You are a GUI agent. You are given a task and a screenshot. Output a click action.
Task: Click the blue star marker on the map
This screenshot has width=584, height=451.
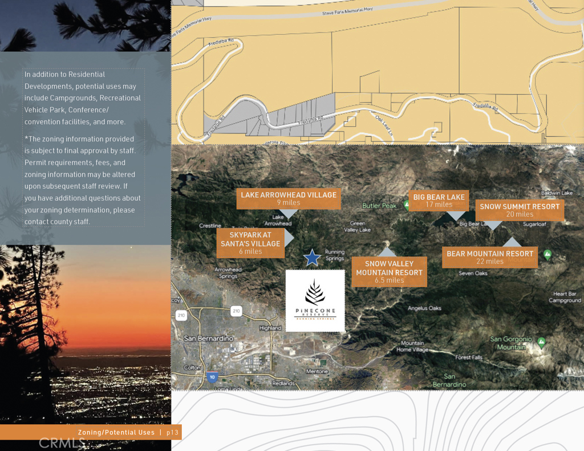[x=311, y=258]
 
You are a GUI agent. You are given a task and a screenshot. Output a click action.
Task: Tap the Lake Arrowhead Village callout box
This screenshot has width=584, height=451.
[x=289, y=198]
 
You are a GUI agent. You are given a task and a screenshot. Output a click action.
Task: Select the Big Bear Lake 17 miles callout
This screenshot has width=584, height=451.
[x=439, y=201]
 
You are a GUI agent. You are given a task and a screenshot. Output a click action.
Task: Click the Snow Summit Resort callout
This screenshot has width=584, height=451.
[x=520, y=210]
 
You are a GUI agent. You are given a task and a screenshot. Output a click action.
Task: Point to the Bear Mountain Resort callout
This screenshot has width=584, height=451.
[x=490, y=257]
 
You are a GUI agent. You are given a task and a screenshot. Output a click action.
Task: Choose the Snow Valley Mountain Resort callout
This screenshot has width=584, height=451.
[x=389, y=272]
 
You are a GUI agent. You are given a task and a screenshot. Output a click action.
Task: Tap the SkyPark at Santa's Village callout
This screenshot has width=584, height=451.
[x=250, y=243]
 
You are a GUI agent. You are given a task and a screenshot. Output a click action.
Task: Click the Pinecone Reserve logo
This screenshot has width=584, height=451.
[x=315, y=300]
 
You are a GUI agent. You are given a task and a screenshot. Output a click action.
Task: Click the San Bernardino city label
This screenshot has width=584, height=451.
[x=209, y=339]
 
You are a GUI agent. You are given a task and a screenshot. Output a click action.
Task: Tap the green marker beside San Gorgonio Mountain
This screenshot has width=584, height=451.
[x=541, y=342]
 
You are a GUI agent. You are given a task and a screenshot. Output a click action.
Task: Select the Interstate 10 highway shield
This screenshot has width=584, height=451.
[x=212, y=377]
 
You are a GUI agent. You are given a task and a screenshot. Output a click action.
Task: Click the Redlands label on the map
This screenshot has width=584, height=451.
[x=283, y=383]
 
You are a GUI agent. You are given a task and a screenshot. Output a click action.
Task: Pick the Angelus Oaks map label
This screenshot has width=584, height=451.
[x=424, y=308]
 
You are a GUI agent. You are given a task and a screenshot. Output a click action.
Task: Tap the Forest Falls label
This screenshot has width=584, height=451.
[x=469, y=357]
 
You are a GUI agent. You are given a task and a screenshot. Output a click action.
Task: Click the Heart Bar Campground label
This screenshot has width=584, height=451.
[x=565, y=297]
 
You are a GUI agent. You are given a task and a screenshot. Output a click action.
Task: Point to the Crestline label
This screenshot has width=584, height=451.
[x=210, y=226]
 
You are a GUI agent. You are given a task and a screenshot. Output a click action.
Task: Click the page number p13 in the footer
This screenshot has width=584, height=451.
[x=173, y=433]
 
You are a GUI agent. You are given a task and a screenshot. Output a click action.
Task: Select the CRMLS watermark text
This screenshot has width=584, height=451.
[x=62, y=442]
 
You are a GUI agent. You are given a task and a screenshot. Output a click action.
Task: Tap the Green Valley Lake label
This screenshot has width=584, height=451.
[x=357, y=226]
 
